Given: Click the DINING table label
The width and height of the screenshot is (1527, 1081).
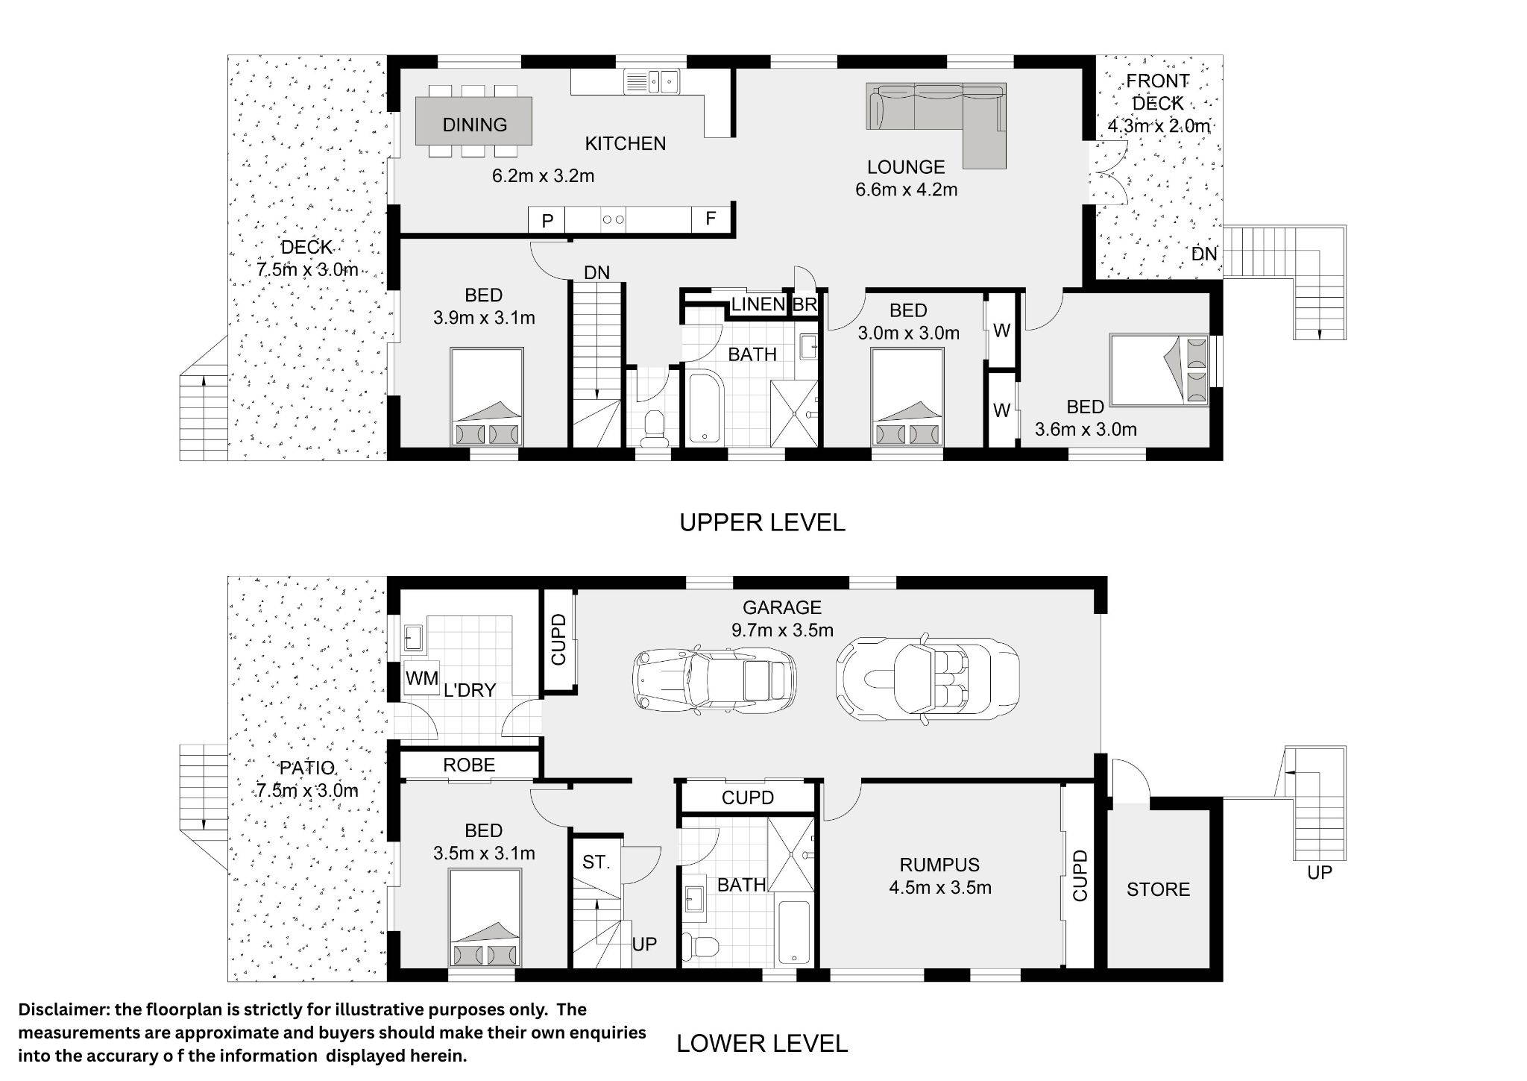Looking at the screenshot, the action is (474, 125).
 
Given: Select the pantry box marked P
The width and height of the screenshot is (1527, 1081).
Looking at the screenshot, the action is (547, 220).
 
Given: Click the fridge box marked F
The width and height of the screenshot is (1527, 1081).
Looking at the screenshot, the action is (711, 219).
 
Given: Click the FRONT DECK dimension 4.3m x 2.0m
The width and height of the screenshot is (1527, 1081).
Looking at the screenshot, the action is (1158, 126).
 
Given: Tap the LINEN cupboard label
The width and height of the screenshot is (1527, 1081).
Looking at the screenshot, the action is (758, 304).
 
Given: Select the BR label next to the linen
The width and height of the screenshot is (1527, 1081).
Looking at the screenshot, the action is (805, 304).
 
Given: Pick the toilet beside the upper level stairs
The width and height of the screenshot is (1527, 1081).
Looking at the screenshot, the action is (654, 428).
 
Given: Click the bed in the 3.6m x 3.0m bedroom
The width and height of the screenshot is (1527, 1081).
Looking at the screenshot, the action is (1159, 370).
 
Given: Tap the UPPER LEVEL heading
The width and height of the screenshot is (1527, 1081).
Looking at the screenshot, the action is (762, 523).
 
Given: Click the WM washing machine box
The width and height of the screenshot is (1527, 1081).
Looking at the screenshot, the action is (421, 679).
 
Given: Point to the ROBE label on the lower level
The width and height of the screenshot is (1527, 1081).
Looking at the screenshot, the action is (469, 765).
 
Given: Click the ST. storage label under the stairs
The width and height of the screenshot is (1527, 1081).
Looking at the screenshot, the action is (596, 862).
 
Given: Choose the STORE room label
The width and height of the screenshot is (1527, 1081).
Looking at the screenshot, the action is (1158, 889).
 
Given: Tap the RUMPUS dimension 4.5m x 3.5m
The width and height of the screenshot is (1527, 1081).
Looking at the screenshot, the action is (939, 888).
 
